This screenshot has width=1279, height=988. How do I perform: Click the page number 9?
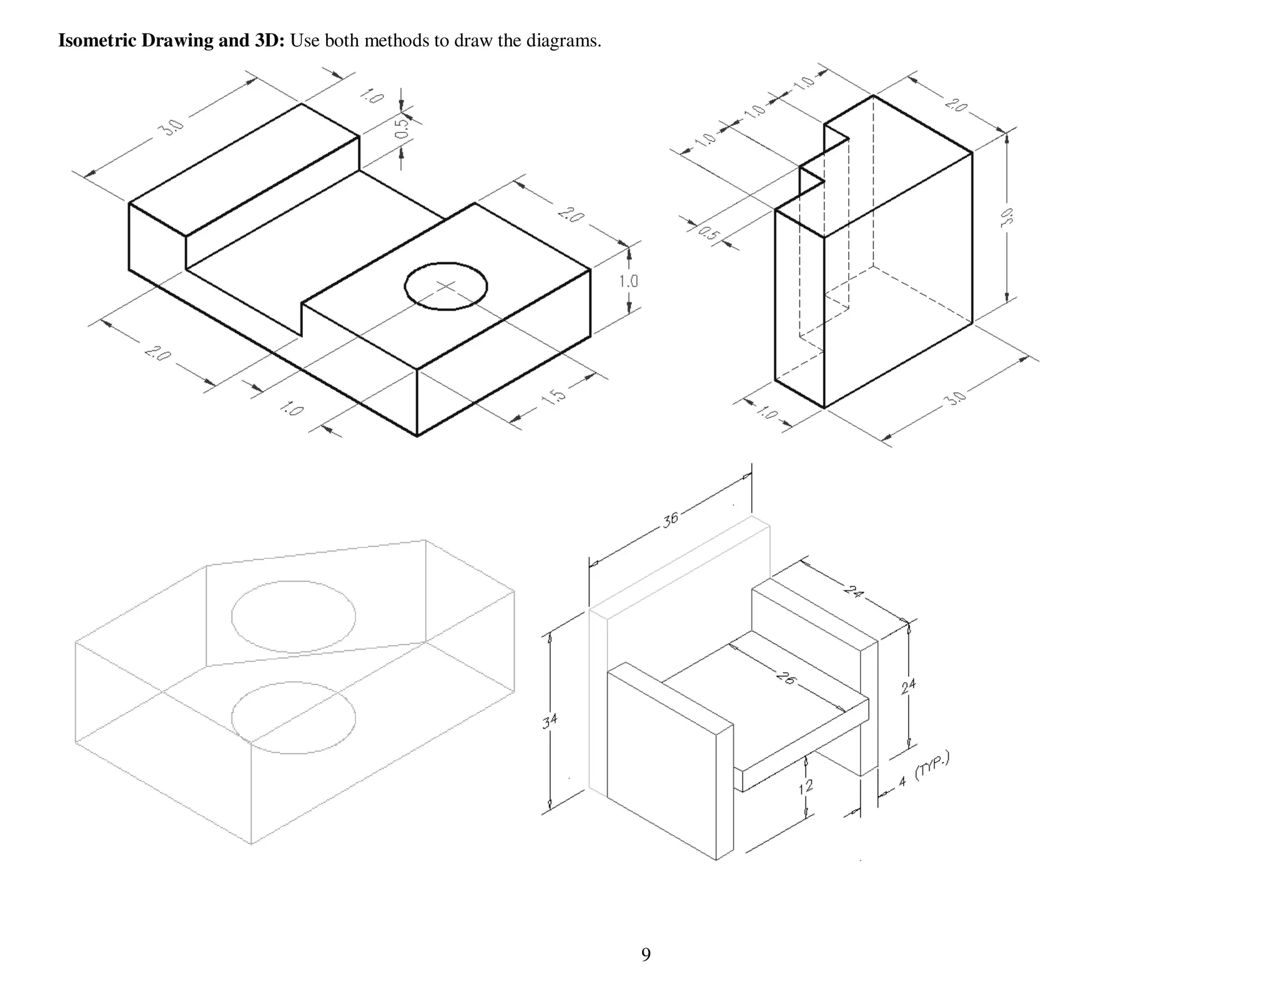[x=646, y=954]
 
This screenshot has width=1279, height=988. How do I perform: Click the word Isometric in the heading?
[x=97, y=41]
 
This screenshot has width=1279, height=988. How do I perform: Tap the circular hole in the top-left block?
[x=445, y=286]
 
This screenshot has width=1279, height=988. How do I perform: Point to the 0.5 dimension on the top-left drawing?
[x=403, y=128]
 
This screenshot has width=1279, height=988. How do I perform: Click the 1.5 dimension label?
[x=553, y=397]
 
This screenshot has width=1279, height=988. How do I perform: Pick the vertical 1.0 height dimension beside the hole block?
[x=628, y=281]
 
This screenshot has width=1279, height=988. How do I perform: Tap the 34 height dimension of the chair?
[x=550, y=721]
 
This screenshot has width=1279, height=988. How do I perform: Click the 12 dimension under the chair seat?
[x=806, y=786]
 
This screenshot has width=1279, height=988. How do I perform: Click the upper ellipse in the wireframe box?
[x=294, y=616]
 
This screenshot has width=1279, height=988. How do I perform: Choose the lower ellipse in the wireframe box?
[x=294, y=718]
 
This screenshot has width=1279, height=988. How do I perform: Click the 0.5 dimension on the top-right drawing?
[x=708, y=234]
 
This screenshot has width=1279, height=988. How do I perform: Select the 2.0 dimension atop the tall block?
[x=956, y=104]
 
